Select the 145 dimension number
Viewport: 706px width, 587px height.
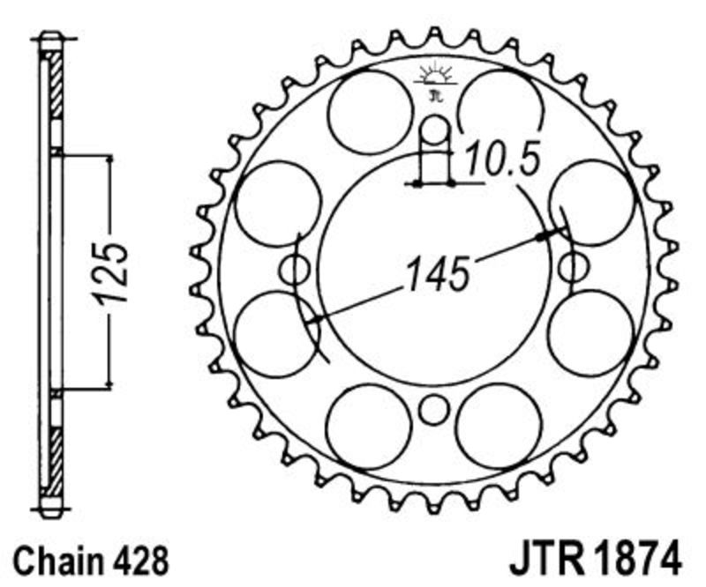click(438, 272)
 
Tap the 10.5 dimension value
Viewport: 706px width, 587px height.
click(501, 158)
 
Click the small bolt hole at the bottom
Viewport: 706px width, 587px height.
click(434, 410)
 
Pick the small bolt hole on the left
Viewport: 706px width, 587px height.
click(295, 270)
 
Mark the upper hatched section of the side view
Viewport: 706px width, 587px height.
click(56, 85)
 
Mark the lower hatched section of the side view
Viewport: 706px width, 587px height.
click(56, 461)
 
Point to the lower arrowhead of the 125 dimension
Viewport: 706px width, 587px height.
click(109, 383)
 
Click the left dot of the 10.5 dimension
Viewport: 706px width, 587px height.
click(417, 183)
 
